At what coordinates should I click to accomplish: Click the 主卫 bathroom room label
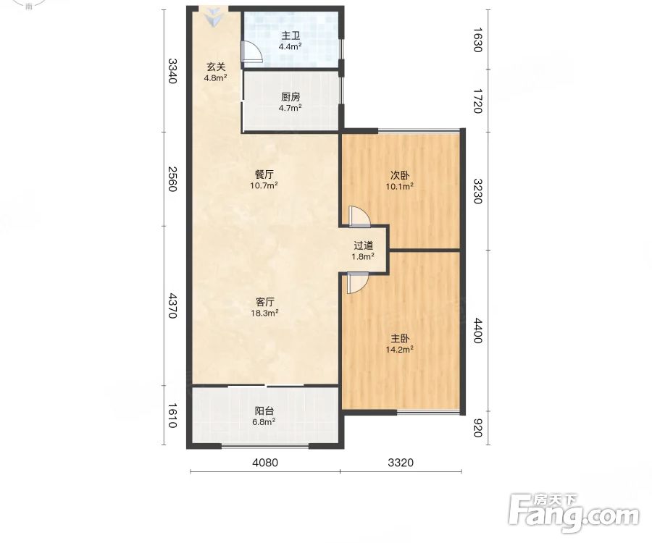(291, 35)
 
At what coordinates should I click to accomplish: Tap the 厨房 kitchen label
(291, 97)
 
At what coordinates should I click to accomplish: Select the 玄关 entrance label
(216, 67)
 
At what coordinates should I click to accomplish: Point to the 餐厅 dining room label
(264, 174)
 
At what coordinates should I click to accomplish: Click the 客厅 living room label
(264, 302)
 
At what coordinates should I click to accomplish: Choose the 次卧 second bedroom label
(400, 175)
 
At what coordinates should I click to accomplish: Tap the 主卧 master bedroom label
(400, 339)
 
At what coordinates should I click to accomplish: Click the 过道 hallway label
(363, 245)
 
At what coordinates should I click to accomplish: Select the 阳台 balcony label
(264, 411)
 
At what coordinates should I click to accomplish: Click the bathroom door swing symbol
(251, 52)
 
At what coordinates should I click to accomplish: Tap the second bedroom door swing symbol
(359, 216)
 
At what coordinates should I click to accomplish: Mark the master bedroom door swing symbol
(358, 283)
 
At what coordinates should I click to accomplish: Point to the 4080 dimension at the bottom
(265, 462)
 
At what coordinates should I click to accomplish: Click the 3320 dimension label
(401, 462)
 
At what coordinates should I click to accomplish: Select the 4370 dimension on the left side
(172, 306)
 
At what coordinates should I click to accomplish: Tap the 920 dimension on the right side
(477, 428)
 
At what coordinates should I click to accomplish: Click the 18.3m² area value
(264, 313)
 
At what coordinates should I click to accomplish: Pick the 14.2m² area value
(400, 350)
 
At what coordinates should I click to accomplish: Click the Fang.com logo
(574, 513)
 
